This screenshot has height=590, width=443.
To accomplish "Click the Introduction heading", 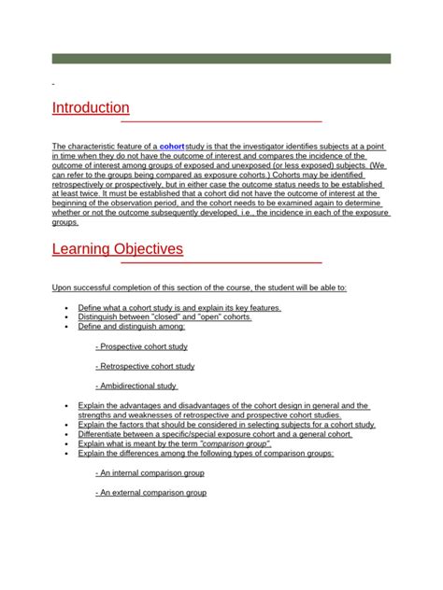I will (91, 107).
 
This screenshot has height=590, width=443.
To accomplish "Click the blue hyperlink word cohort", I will (172, 147).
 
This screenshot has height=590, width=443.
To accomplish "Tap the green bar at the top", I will (221, 58).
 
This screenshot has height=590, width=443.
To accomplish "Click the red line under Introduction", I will (221, 121).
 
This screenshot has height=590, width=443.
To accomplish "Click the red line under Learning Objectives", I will (221, 263).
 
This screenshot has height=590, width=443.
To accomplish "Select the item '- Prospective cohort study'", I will (141, 346).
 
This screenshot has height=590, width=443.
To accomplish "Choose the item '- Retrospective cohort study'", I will (145, 366).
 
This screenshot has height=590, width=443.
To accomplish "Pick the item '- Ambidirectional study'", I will (136, 386).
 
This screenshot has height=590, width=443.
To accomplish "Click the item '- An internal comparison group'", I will (150, 473).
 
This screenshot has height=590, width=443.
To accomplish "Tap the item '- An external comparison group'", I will (150, 493).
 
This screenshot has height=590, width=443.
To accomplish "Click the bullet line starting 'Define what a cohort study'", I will (179, 307).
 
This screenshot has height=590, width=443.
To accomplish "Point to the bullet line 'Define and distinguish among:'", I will (132, 327).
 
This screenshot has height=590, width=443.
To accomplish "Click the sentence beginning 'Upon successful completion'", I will (199, 288).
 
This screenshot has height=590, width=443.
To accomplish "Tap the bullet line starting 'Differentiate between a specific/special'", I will (215, 434).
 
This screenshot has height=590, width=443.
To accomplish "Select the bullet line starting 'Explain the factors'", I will (226, 425).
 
